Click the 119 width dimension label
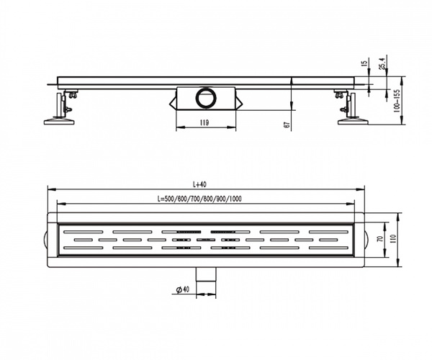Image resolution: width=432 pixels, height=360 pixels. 204,123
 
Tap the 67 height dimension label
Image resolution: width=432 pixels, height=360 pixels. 287,125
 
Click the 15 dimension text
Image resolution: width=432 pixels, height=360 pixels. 364,63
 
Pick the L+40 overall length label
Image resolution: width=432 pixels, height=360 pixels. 200,184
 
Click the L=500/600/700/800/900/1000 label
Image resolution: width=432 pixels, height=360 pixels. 199,199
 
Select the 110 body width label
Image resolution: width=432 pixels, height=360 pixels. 393,239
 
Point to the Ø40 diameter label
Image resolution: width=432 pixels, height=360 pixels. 183,289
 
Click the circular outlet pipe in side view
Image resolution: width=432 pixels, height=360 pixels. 206,98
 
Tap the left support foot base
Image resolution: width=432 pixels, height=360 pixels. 59,121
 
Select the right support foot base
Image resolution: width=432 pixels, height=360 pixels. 354,121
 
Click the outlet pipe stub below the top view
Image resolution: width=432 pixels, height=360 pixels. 206,274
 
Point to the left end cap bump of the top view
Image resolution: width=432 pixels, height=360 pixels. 45,239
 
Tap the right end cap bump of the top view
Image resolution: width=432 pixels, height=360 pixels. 366,239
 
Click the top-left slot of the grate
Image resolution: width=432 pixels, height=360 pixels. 84,232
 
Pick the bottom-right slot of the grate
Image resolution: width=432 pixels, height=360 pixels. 328,248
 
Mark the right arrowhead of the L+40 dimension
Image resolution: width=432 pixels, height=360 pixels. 361,189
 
